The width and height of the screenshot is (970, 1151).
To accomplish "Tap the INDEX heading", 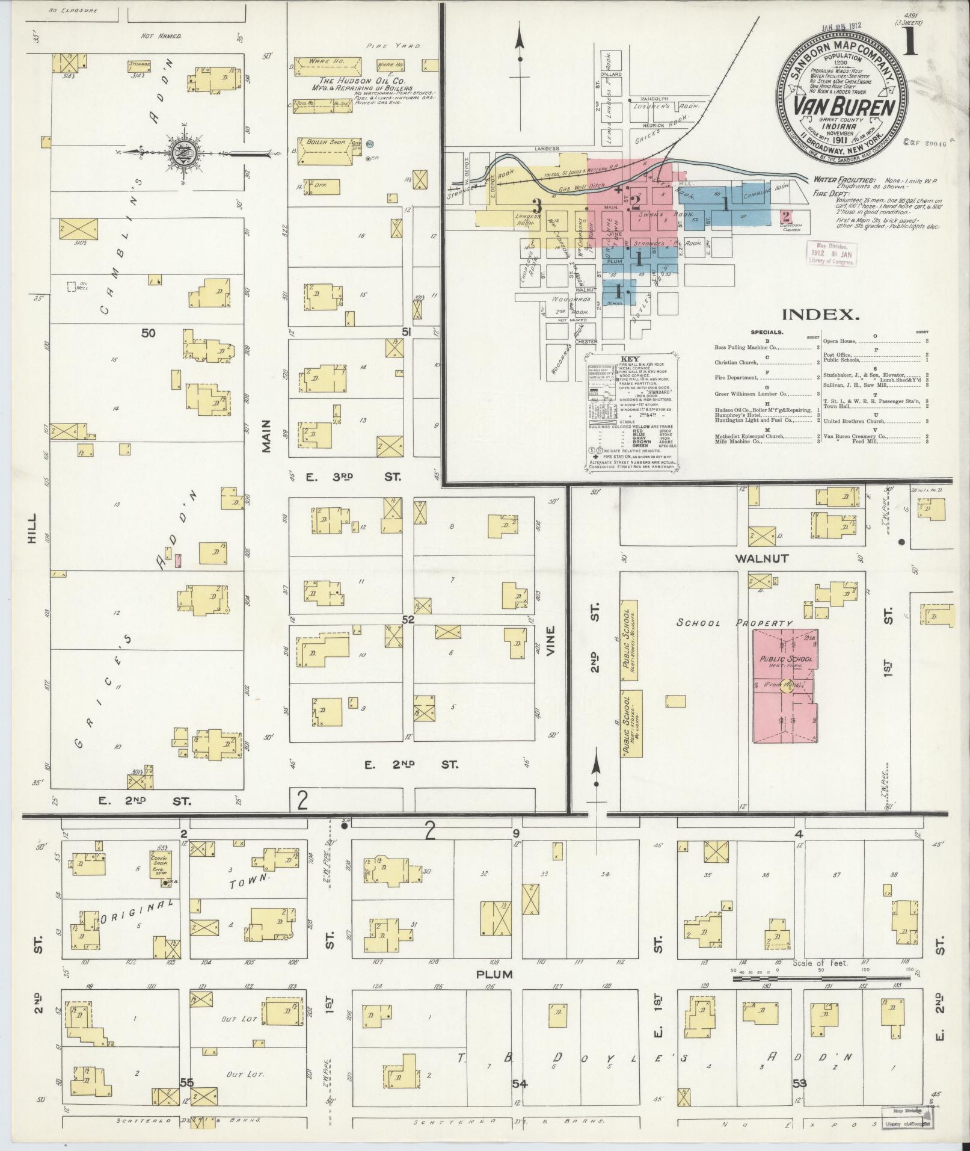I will pyautogui.click(x=820, y=314).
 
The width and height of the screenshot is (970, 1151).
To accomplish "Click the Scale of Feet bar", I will pyautogui.click(x=820, y=979).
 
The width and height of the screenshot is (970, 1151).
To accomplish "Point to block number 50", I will pyautogui.click(x=148, y=332).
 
